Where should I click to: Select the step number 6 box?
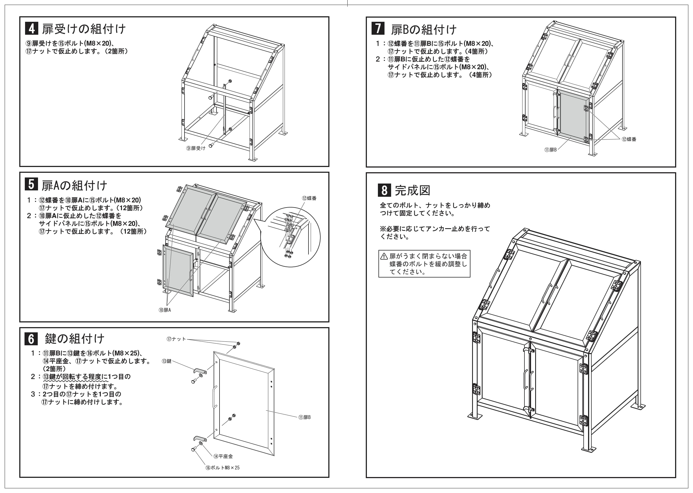click(x=31, y=339)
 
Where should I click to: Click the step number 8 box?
click(x=384, y=190)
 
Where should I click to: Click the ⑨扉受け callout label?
click(x=196, y=148)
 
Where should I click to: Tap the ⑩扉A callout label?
click(x=165, y=310)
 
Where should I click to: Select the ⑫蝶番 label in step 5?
click(x=309, y=198)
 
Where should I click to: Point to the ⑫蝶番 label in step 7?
click(x=629, y=139)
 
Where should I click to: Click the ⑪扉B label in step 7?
click(x=550, y=150)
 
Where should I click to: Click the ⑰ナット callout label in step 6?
click(x=176, y=339)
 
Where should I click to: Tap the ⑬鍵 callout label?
click(x=167, y=361)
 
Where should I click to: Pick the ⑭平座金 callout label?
click(x=223, y=456)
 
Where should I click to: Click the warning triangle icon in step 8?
click(x=384, y=256)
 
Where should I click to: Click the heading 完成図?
click(x=412, y=190)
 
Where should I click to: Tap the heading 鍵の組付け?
click(x=75, y=338)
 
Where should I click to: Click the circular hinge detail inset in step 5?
click(x=290, y=237)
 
